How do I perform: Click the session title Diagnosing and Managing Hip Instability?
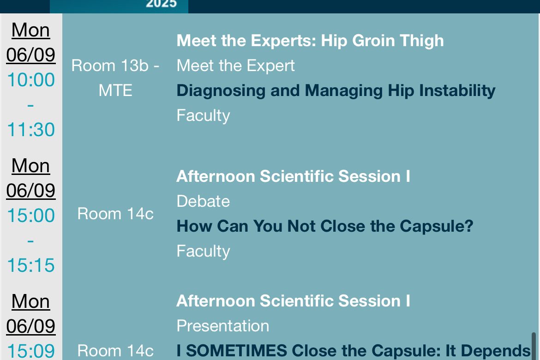pos(336,91)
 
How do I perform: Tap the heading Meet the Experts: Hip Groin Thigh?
pos(310,41)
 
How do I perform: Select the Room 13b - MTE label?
pos(115,78)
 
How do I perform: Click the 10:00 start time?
pos(30,80)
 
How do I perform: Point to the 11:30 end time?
pos(30,130)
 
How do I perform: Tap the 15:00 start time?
pos(30,216)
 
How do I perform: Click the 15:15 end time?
pos(30,265)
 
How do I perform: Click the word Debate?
pos(203,201)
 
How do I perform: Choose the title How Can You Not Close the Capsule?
pos(325,226)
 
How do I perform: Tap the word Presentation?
pos(223,326)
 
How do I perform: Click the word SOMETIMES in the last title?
pos(237,351)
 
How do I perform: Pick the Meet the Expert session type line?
pos(235,66)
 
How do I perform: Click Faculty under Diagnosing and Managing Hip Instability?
pos(203,115)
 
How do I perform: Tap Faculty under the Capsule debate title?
pos(203,251)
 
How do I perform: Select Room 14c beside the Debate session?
pos(115,214)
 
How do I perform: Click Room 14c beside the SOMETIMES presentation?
pos(115,351)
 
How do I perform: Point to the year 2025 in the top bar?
pos(161,4)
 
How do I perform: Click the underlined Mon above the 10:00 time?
pos(30,30)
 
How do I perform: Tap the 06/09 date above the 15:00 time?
pos(30,191)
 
